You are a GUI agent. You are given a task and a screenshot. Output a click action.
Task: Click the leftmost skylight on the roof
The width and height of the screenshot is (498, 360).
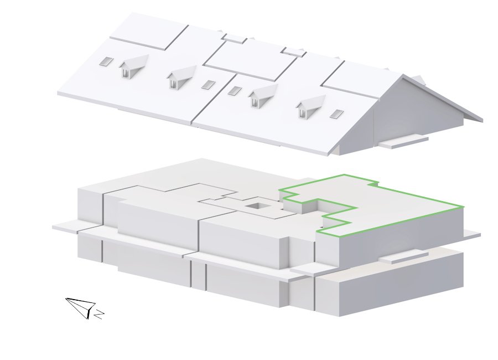click(106, 61)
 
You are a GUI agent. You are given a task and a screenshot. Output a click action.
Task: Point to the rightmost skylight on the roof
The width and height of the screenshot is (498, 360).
click(336, 114)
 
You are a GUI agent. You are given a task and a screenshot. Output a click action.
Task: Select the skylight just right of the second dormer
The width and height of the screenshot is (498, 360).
click(209, 85)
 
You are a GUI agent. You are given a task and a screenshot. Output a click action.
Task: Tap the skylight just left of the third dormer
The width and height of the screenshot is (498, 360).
click(235, 91)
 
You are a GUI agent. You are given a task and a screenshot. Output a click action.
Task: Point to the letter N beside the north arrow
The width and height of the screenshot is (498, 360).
click(99, 314)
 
